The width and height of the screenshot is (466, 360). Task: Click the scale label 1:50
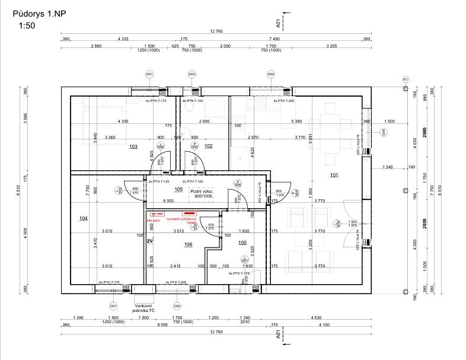(27, 26)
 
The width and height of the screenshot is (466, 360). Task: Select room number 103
(133, 146)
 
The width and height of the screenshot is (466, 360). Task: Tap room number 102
(208, 146)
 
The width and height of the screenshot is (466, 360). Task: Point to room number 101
(334, 176)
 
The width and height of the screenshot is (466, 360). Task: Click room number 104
(83, 219)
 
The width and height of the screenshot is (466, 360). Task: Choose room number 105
(178, 189)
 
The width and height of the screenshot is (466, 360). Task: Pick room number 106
(188, 244)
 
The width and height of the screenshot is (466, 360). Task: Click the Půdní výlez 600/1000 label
(202, 195)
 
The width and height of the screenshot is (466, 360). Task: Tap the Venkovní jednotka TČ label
(143, 307)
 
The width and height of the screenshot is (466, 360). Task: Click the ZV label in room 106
(150, 241)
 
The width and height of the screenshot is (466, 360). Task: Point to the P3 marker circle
(406, 79)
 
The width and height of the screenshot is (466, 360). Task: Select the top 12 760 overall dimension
(216, 31)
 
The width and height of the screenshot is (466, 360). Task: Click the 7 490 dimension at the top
(273, 39)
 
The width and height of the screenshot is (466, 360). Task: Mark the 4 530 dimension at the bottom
(321, 318)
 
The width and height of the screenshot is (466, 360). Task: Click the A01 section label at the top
(278, 23)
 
